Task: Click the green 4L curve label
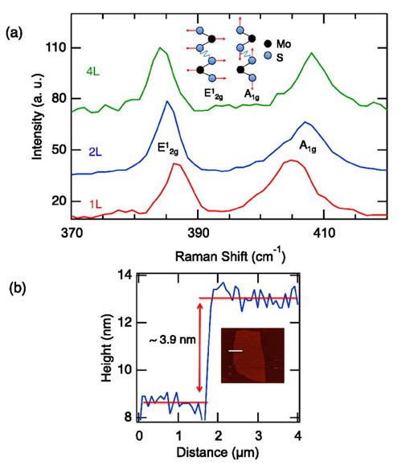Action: [x=92, y=71]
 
